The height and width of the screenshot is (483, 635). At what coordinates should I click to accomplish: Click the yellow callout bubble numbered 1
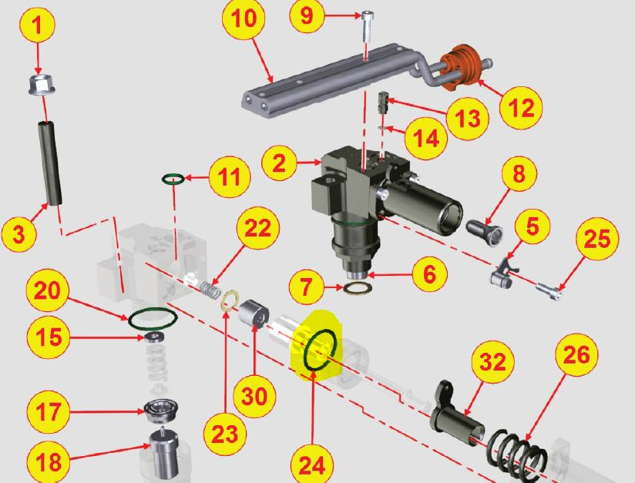(x=37, y=25)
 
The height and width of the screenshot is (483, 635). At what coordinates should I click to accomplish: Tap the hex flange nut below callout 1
(x=42, y=85)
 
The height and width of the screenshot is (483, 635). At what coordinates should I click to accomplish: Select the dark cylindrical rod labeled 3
(x=50, y=163)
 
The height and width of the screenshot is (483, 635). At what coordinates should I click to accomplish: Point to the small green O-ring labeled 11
(x=173, y=178)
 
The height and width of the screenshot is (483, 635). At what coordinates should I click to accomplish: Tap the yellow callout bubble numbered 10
(x=244, y=18)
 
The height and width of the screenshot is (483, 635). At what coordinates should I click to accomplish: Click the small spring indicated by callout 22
(x=210, y=290)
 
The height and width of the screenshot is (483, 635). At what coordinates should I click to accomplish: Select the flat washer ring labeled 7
(x=358, y=289)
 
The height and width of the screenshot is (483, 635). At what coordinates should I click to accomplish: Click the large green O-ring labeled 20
(x=153, y=320)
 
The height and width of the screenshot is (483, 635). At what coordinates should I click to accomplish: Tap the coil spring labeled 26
(x=517, y=451)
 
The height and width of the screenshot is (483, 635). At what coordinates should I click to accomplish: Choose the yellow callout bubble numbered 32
(x=493, y=362)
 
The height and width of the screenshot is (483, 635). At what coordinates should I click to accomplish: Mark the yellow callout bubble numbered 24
(x=312, y=463)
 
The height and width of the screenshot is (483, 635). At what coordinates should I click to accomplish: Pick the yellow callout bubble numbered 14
(x=425, y=139)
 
